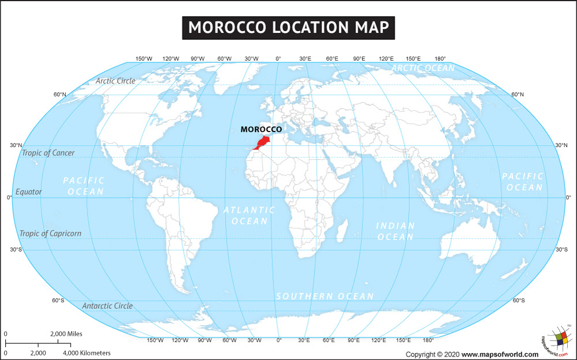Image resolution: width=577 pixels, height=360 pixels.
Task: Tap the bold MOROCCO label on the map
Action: (261, 130)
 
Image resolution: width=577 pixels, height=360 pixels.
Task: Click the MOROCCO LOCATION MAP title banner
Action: (288, 27)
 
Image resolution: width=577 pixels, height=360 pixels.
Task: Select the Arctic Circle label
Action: (115, 81)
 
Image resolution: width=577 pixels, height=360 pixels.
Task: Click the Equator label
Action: (29, 192)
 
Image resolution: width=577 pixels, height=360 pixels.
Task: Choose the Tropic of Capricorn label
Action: (50, 234)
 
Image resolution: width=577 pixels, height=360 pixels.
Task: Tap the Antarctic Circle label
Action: (107, 306)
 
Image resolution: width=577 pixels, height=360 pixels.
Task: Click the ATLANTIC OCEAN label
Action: (249, 215)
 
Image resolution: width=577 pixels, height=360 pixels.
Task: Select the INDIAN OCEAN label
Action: (395, 231)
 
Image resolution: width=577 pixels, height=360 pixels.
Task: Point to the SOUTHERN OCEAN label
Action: (324, 296)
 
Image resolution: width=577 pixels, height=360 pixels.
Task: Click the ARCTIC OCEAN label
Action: (423, 68)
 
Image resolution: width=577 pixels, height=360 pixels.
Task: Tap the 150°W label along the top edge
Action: (144, 59)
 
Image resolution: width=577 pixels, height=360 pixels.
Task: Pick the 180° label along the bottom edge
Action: (428, 340)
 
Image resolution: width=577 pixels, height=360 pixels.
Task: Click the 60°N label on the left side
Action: (59, 94)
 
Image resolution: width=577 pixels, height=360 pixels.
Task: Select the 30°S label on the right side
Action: (561, 250)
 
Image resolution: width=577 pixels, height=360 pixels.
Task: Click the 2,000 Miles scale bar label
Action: (66, 333)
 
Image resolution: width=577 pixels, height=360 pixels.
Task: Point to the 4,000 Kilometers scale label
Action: (87, 352)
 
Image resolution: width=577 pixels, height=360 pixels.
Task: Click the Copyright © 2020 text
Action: (433, 354)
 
